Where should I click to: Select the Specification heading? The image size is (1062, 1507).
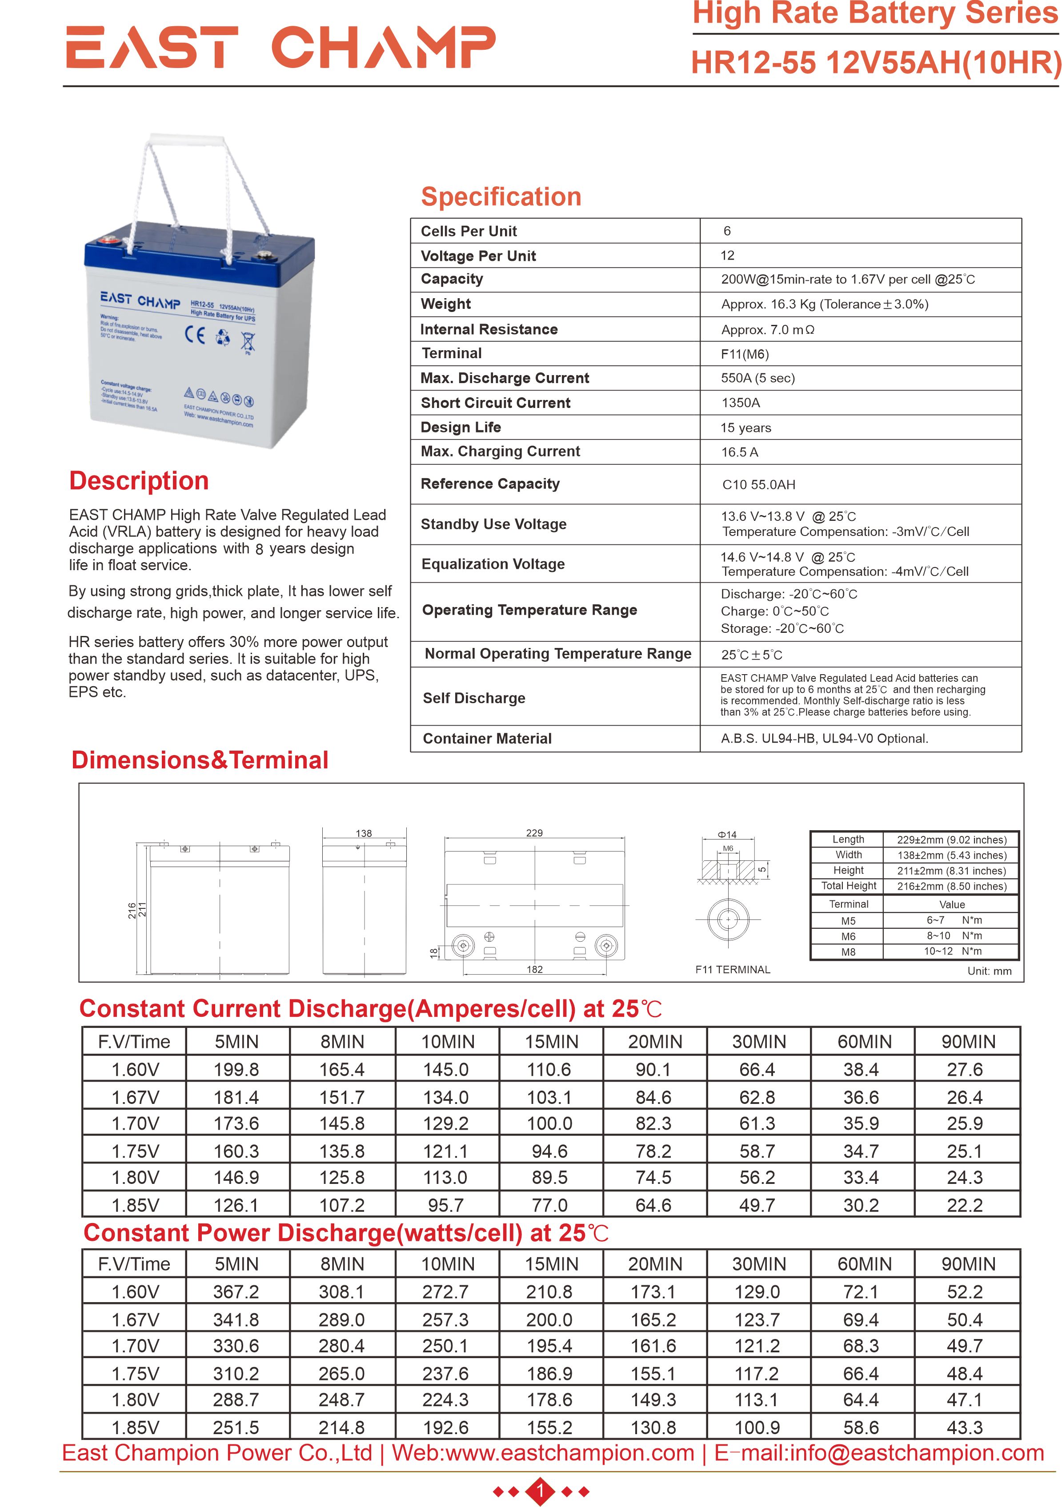click(501, 197)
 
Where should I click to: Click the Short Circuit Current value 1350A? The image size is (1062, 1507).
click(741, 403)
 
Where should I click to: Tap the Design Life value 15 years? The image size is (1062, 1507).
click(745, 428)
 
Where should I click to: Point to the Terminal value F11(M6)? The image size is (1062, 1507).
click(744, 355)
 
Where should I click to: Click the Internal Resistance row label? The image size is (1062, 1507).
click(489, 329)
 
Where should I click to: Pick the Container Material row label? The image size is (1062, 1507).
click(487, 739)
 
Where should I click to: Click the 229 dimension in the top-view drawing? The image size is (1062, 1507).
click(534, 833)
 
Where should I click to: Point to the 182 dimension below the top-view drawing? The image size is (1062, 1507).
click(534, 969)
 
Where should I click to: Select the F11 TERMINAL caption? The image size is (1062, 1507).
click(733, 969)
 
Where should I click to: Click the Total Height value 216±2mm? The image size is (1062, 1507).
click(951, 886)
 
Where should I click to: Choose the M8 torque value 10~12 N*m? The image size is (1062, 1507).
click(952, 951)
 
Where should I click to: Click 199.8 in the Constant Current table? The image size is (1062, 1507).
click(236, 1070)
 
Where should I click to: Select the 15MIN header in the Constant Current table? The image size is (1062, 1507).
click(551, 1042)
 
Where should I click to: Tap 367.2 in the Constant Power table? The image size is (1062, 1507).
click(236, 1292)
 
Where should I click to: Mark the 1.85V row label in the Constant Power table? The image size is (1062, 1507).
click(135, 1427)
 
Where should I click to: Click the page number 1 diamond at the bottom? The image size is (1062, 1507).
click(540, 1491)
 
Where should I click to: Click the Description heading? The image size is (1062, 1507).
click(139, 481)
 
